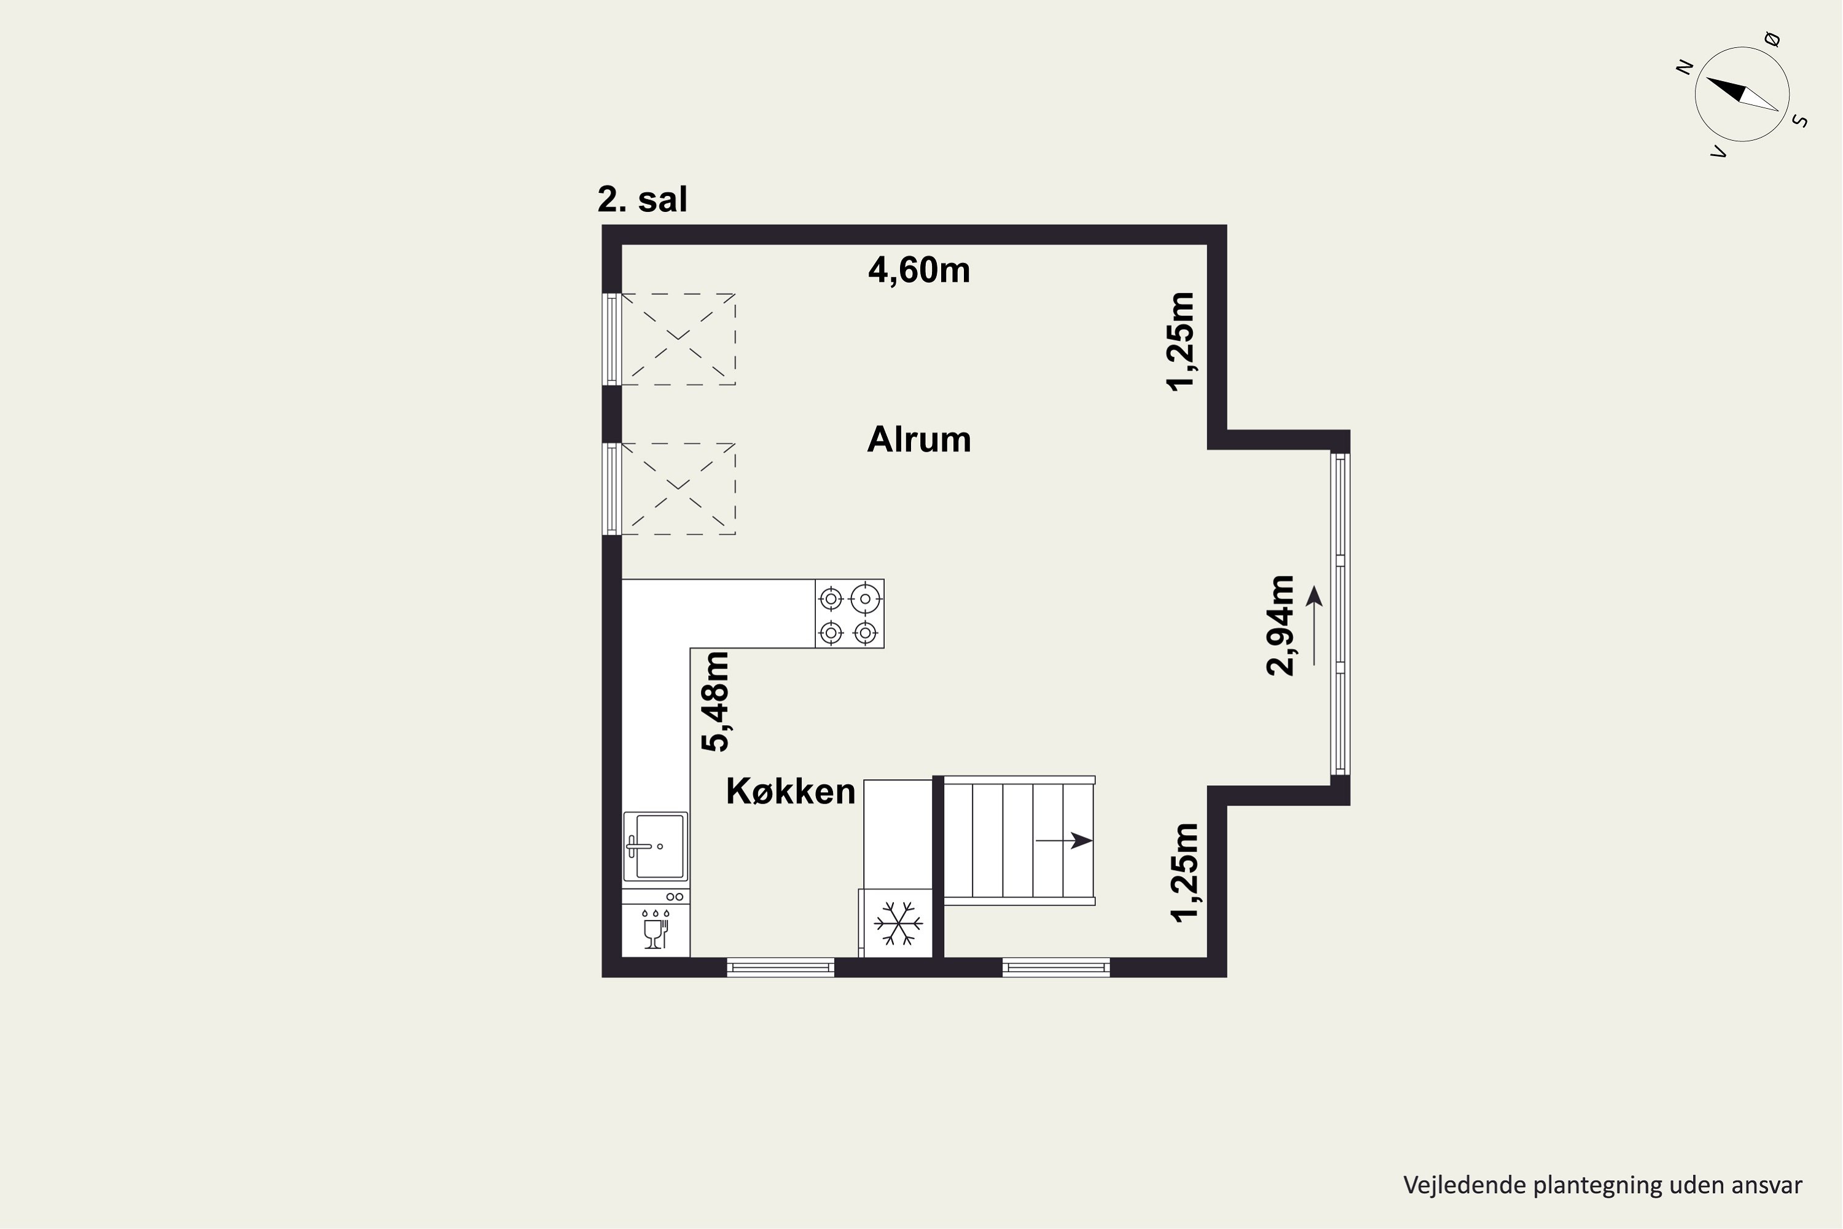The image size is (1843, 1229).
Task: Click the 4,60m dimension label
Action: pos(918,270)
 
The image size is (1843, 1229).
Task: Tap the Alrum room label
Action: pos(918,440)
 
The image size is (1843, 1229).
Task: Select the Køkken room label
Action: pos(790,791)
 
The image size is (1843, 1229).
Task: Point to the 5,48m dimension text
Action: pos(714,702)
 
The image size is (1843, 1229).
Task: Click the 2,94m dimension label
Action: pos(1280,626)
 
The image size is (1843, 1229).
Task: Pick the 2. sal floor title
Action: pos(642,199)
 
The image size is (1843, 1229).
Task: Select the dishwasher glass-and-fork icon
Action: pos(654,930)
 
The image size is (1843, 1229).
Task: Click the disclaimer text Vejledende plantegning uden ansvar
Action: pos(1602,1185)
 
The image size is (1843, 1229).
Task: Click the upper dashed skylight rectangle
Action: pos(678,339)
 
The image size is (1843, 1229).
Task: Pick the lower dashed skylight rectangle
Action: pos(678,489)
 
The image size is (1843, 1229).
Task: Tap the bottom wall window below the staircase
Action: pos(1055,968)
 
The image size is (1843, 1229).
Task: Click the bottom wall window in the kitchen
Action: pos(780,968)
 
